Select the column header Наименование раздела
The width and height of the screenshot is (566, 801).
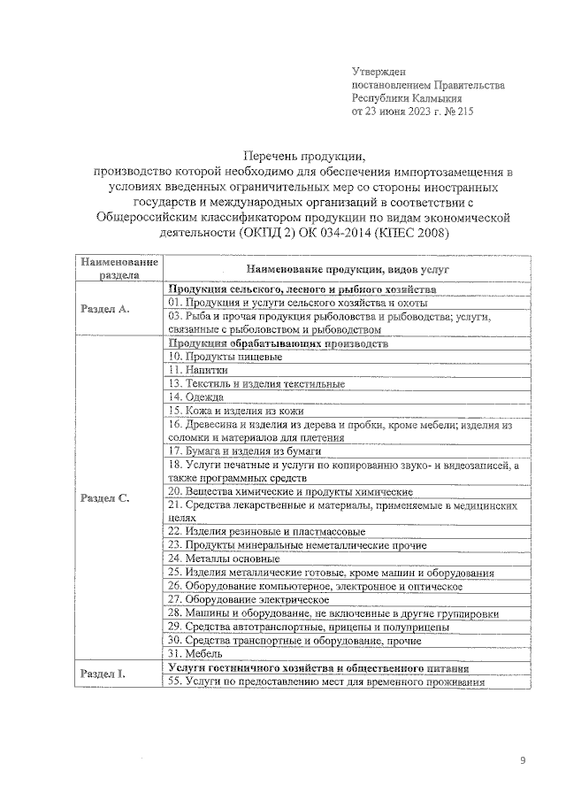coord(119,268)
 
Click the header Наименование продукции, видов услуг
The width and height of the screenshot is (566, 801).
coord(348,267)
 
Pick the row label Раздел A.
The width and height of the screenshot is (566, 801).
coord(105,309)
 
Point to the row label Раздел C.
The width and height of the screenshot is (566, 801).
coord(105,498)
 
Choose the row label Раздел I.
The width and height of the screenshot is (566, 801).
coord(103,674)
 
